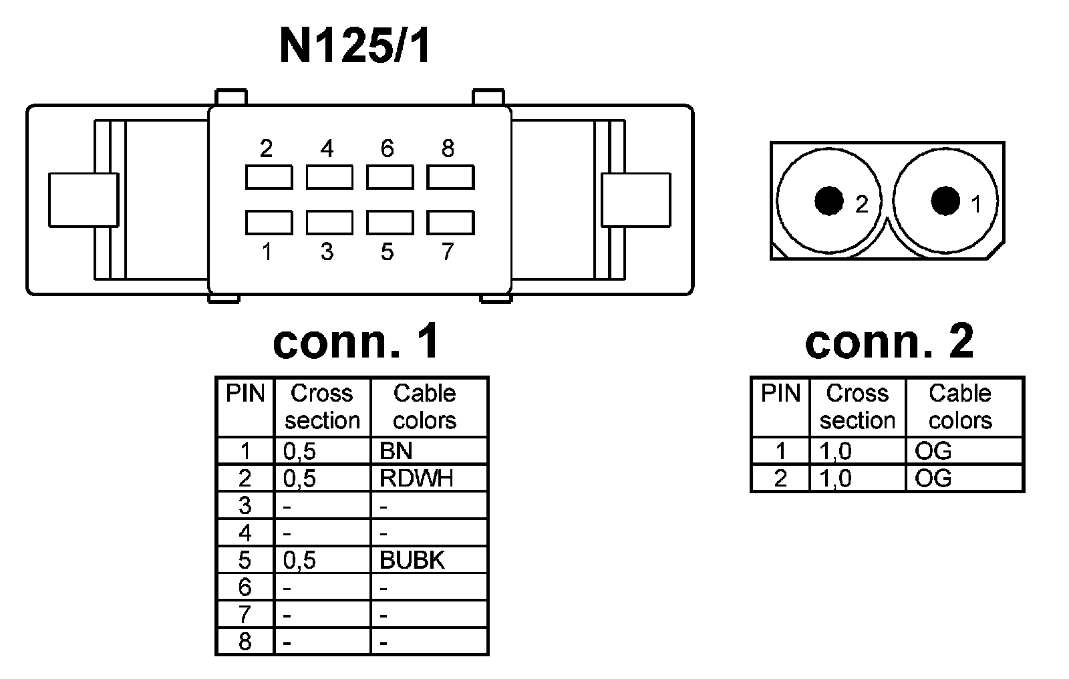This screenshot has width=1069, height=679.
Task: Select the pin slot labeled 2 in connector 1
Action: pyautogui.click(x=269, y=177)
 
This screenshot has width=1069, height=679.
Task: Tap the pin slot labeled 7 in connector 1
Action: pyautogui.click(x=450, y=222)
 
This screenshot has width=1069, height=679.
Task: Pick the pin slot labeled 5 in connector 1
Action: pyautogui.click(x=390, y=222)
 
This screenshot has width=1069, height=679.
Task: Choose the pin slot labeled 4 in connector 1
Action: pyautogui.click(x=329, y=177)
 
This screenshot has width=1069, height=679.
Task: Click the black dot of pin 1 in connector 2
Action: pyautogui.click(x=945, y=200)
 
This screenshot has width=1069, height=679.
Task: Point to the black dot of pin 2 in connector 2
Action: pyautogui.click(x=829, y=201)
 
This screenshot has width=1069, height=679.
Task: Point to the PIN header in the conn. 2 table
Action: pyautogui.click(x=780, y=394)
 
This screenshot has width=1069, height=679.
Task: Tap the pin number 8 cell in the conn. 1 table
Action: pyautogui.click(x=245, y=642)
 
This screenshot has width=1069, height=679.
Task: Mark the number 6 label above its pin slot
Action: pyautogui.click(x=388, y=148)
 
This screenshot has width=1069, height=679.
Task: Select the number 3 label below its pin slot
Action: pyautogui.click(x=327, y=252)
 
